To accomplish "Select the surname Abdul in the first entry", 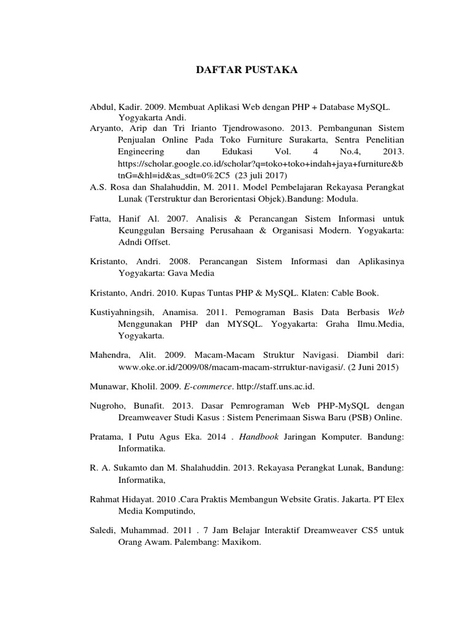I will click(103, 107).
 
